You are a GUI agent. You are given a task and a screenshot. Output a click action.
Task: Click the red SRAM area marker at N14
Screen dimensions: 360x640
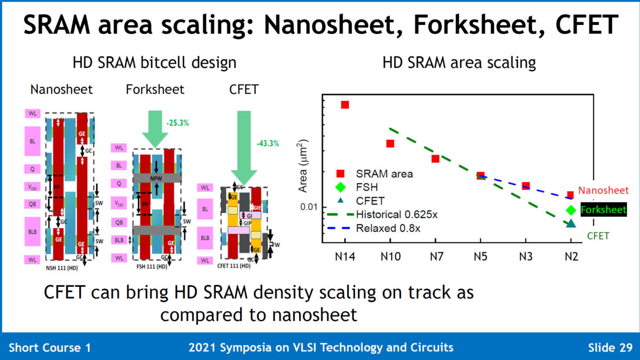coord(345,105)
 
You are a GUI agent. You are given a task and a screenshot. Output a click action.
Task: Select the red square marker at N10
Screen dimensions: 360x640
coord(390,143)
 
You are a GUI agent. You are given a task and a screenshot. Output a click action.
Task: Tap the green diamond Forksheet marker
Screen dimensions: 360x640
coord(571,210)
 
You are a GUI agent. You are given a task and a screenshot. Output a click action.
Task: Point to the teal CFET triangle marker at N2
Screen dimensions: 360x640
coord(571,223)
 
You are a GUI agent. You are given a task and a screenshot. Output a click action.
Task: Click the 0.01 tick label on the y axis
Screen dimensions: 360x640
coord(308,207)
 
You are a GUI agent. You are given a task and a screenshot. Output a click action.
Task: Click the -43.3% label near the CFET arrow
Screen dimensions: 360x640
coord(268,143)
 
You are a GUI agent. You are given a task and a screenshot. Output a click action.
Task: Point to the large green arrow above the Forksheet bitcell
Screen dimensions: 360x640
coord(156,128)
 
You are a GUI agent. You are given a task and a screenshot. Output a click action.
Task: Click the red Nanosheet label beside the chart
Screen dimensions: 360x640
coord(603,190)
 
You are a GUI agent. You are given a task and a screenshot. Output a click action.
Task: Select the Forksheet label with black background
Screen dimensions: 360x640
coord(603,210)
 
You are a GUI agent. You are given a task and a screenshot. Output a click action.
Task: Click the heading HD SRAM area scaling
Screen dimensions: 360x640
coord(459,63)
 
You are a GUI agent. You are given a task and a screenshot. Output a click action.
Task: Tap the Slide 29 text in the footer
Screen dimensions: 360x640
coord(610,348)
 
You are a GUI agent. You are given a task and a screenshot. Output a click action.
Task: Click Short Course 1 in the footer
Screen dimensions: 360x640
coord(50,348)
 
